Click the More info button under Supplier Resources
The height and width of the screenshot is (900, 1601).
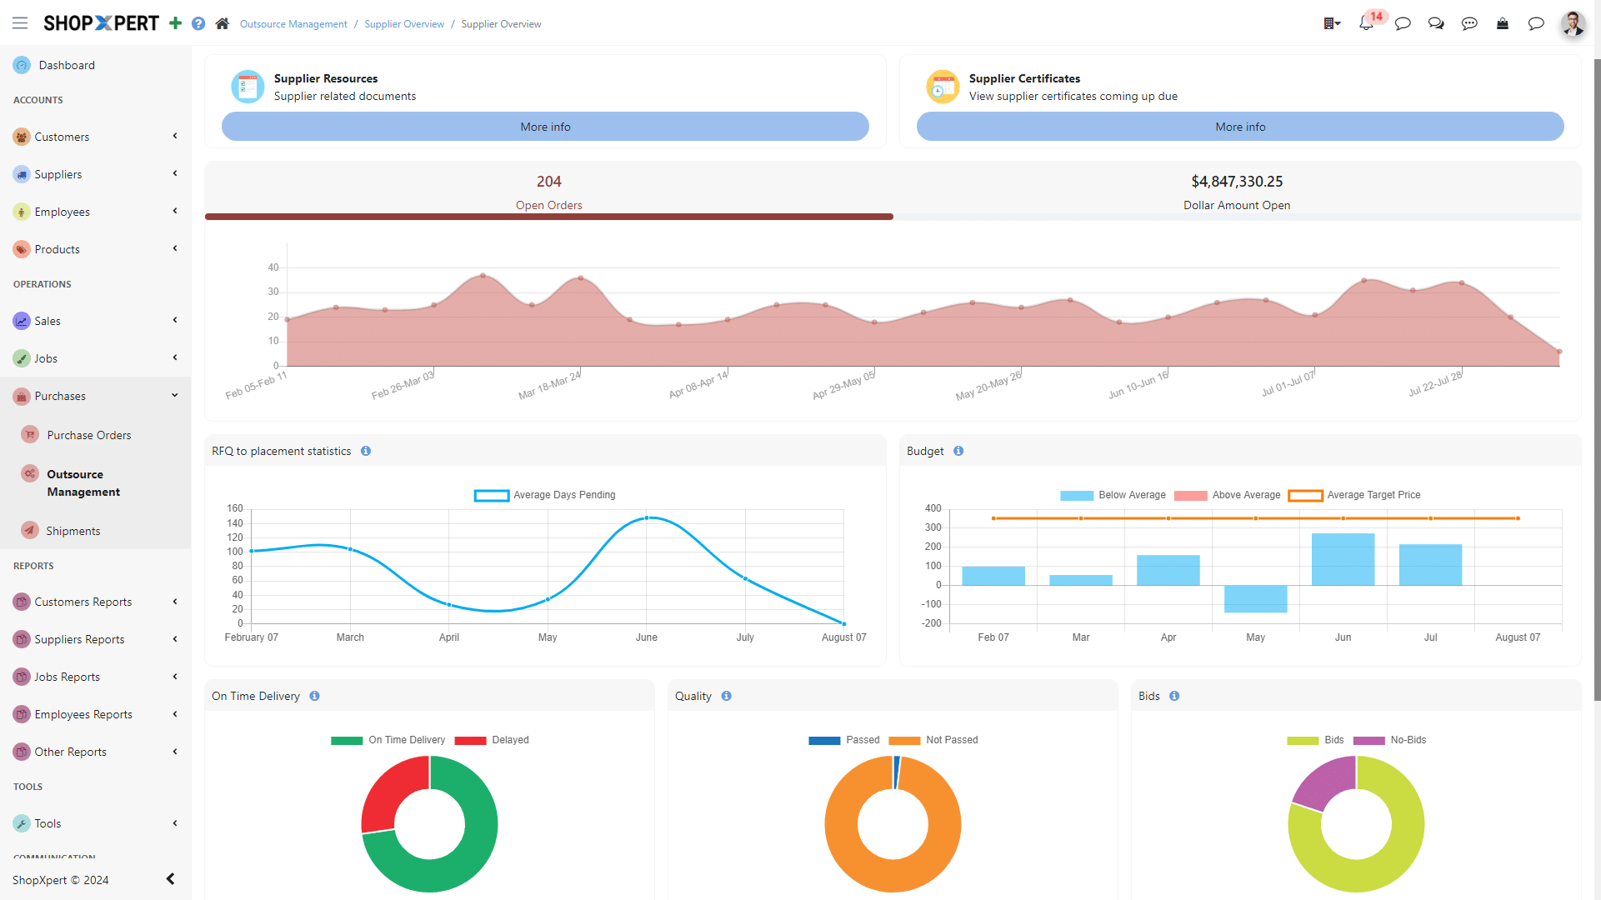(545, 127)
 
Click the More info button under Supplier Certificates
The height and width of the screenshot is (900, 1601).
(1239, 127)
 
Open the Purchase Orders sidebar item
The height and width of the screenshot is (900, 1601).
(88, 435)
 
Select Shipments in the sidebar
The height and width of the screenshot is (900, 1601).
(73, 531)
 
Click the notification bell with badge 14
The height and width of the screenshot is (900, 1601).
(1366, 23)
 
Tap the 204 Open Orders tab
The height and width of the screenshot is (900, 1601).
(548, 192)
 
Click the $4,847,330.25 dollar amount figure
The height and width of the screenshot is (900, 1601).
(1237, 182)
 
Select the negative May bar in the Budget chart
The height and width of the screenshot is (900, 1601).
(1255, 598)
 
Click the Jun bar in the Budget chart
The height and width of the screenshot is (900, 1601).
(1343, 559)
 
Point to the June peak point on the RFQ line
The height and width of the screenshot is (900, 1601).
(647, 518)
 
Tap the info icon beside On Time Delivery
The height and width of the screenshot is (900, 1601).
(314, 696)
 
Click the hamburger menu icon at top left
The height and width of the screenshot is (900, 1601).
(20, 23)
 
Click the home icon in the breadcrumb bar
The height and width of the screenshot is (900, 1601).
(222, 23)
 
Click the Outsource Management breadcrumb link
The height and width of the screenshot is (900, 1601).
(293, 24)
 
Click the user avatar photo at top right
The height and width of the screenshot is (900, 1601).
(1573, 23)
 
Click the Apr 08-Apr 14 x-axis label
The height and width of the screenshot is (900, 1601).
(698, 384)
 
